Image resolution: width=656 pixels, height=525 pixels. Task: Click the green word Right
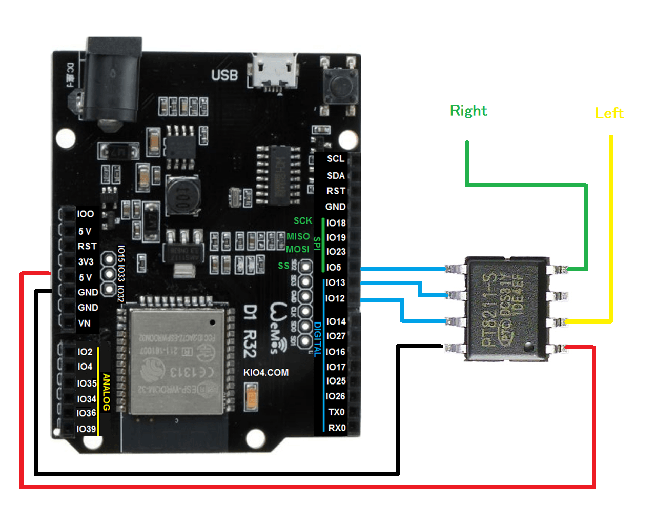[468, 111]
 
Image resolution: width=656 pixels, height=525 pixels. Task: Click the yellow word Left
[609, 113]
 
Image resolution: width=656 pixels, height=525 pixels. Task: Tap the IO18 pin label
[336, 223]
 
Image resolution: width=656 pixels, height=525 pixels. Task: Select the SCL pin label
[336, 159]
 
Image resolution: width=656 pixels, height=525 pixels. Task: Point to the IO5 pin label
[333, 268]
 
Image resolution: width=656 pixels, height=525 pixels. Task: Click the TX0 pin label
[336, 412]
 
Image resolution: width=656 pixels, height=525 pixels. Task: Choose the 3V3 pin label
[86, 262]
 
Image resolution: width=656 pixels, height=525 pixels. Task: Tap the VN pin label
[84, 324]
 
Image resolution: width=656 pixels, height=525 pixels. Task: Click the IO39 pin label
[86, 429]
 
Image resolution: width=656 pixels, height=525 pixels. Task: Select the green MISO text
[298, 236]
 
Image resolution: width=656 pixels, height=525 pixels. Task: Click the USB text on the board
[224, 75]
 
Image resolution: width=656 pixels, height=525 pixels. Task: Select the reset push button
[339, 86]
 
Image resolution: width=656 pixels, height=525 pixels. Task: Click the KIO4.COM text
[265, 373]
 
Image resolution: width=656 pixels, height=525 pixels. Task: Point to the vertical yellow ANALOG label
[106, 392]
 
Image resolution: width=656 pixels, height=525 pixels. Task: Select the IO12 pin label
[335, 298]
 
